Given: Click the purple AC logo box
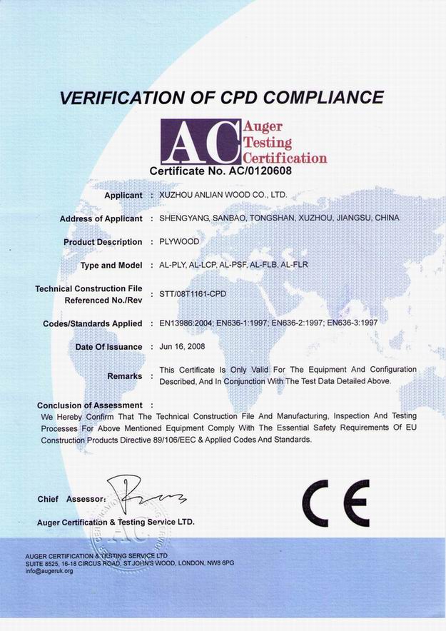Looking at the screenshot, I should point(200,140).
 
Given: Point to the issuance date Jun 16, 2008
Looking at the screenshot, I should point(183,346).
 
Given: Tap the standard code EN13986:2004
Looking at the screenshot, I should point(188,323).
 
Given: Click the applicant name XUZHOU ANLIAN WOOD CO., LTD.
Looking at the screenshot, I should point(225,194).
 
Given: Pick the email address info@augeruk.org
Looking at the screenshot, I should point(49,571).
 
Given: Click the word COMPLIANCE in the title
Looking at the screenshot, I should point(322,96).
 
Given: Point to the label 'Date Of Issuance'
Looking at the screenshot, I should point(108,346).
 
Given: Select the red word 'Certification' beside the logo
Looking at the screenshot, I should point(285,158).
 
